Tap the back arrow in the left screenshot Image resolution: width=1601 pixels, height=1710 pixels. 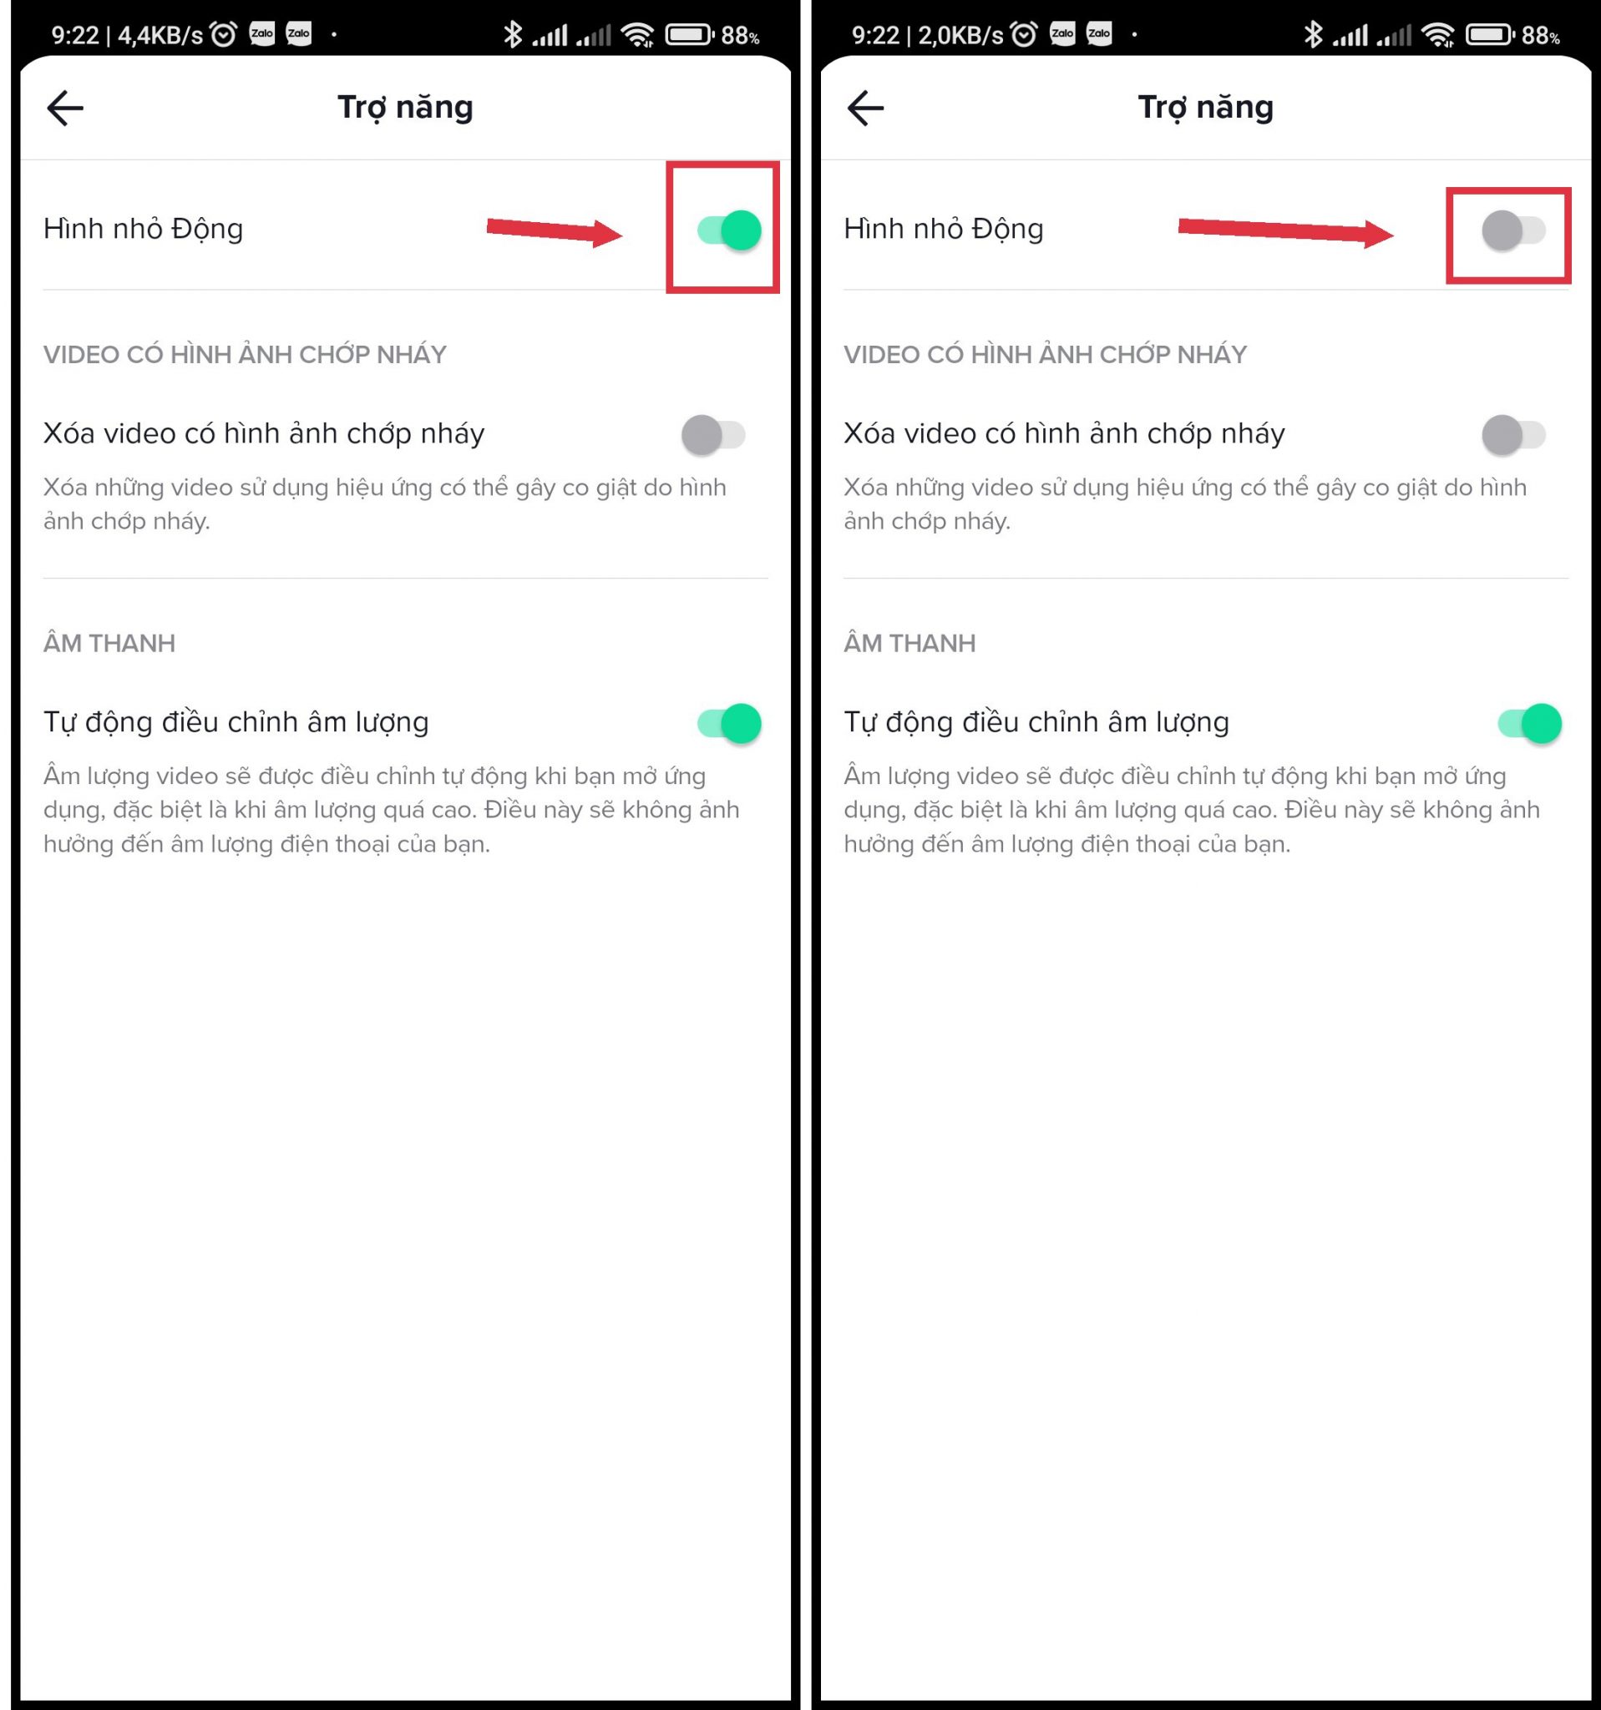pyautogui.click(x=64, y=109)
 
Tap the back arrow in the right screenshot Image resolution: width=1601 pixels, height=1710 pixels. pyautogui.click(x=864, y=109)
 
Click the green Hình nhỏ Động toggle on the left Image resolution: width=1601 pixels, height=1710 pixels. pyautogui.click(x=730, y=230)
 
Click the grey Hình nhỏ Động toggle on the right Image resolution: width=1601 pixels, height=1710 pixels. pyautogui.click(x=1513, y=230)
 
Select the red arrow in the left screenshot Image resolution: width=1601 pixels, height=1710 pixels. pyautogui.click(x=555, y=230)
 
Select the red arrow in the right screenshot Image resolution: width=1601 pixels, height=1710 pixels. pyautogui.click(x=1286, y=230)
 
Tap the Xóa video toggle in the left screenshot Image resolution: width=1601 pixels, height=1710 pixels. pyautogui.click(x=713, y=434)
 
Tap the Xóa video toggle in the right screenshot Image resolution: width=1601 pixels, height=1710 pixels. pyautogui.click(x=1513, y=434)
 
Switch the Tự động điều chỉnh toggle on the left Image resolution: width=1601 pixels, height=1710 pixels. pyautogui.click(x=730, y=723)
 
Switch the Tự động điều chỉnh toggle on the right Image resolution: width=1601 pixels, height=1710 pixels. pyautogui.click(x=1530, y=723)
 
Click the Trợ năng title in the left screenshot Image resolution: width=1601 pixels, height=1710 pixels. pyautogui.click(x=405, y=109)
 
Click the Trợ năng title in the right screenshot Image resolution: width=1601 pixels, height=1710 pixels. pyautogui.click(x=1205, y=109)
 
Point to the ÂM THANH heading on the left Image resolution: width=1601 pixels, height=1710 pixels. pyautogui.click(x=109, y=643)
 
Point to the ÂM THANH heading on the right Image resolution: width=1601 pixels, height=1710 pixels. pyautogui.click(x=909, y=643)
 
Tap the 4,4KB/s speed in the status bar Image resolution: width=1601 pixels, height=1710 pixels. pyautogui.click(x=160, y=35)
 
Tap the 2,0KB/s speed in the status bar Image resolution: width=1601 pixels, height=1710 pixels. pyautogui.click(x=960, y=35)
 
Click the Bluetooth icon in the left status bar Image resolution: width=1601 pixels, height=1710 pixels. pyautogui.click(x=513, y=34)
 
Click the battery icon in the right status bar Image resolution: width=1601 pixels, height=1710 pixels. pyautogui.click(x=1490, y=34)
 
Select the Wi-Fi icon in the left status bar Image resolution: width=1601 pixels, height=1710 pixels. pyautogui.click(x=637, y=34)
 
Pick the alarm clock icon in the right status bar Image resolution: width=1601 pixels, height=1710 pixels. pyautogui.click(x=1024, y=34)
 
